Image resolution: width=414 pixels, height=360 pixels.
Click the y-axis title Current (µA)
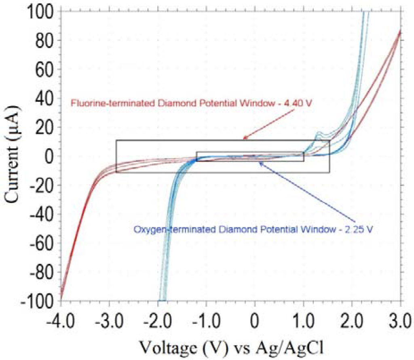(x=13, y=156)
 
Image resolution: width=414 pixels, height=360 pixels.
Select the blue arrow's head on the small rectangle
(x=260, y=163)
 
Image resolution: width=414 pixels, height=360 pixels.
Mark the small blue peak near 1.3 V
(x=318, y=133)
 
